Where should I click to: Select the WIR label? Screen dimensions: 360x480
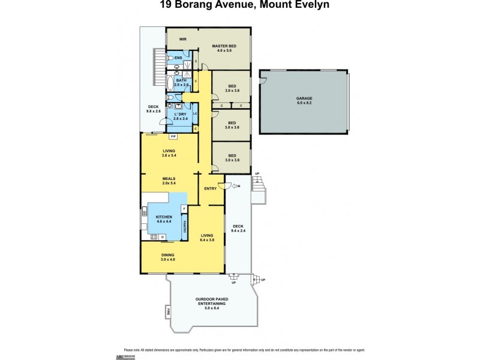click(x=182, y=40)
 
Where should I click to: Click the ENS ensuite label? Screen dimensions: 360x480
click(x=178, y=58)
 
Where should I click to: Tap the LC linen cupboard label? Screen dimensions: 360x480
click(x=195, y=113)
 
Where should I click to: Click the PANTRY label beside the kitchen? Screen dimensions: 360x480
click(x=185, y=226)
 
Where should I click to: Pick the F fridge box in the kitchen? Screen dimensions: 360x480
click(x=184, y=208)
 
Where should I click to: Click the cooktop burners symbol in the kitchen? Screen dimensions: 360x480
click(x=154, y=237)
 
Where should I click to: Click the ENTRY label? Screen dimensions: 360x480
click(x=210, y=189)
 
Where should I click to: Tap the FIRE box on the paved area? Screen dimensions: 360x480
click(x=169, y=312)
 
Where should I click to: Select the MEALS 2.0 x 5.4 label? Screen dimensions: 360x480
click(x=169, y=180)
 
